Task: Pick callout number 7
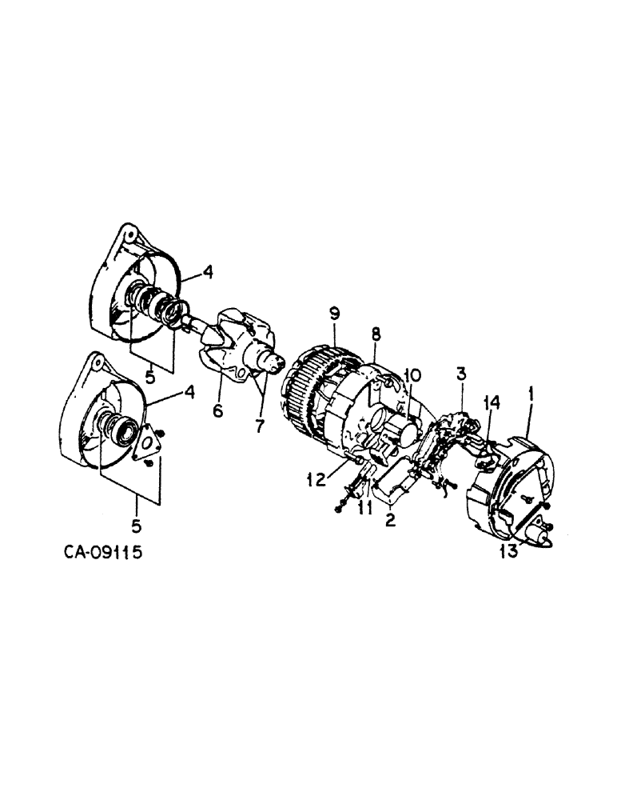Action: point(259,426)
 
